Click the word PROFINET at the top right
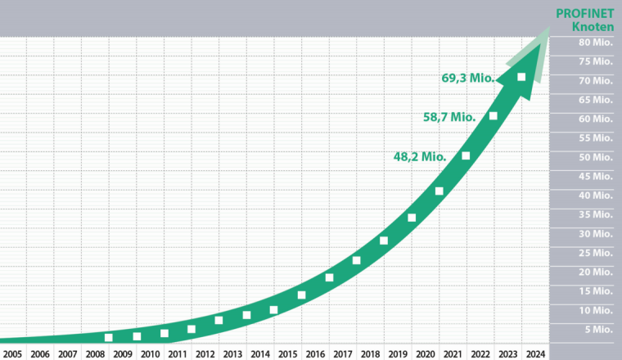click(584, 13)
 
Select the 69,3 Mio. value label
click(467, 79)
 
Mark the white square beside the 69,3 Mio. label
click(521, 78)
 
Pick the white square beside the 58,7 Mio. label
click(494, 115)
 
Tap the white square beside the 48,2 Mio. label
click(466, 155)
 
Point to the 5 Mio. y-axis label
click(597, 329)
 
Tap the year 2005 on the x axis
click(12, 353)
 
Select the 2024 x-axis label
click(534, 353)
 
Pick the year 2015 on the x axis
click(287, 353)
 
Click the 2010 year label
click(150, 353)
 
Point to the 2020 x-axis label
click(425, 353)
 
